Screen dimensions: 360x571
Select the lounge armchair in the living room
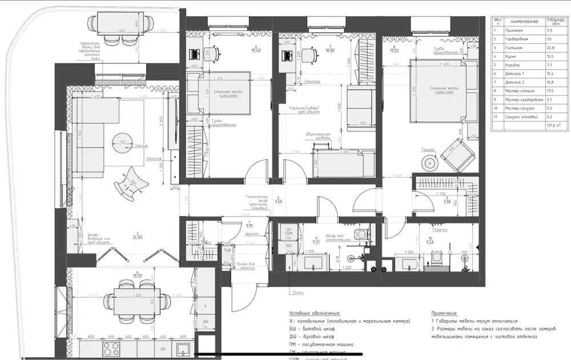pyautogui.click(x=130, y=182)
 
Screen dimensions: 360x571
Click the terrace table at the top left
pyautogui.click(x=121, y=25)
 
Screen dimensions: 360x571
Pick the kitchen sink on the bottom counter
pyautogui.click(x=183, y=349)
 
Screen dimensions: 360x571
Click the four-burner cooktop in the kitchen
pyautogui.click(x=112, y=349)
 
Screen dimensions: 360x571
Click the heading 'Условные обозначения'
pyautogui.click(x=314, y=314)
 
